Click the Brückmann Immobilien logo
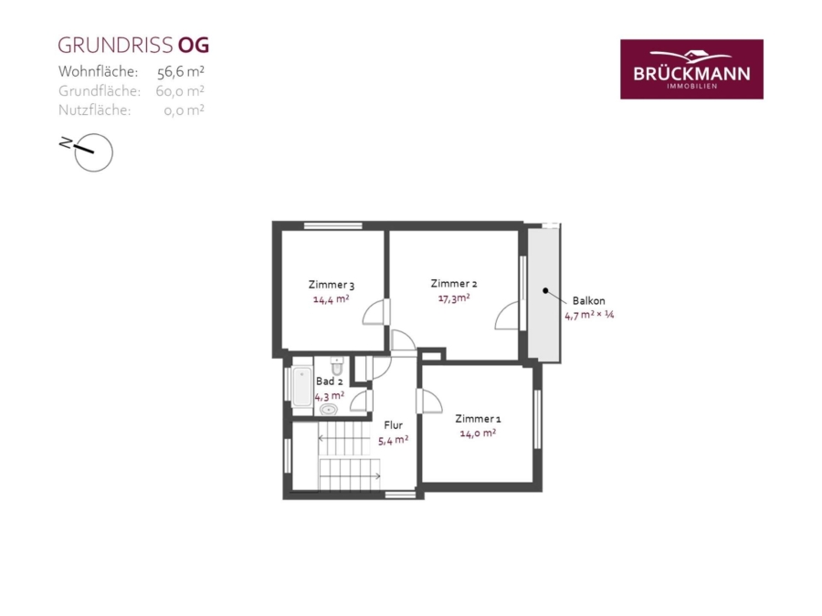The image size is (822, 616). point(691,69)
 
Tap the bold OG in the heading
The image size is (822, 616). point(194,46)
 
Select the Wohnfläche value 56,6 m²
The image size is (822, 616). point(180,72)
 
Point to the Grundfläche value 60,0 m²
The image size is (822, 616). point(180,91)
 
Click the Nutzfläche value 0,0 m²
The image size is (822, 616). point(184,110)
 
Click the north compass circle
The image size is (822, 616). point(94,153)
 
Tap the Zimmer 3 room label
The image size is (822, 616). point(332,285)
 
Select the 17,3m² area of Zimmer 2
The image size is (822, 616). point(454,298)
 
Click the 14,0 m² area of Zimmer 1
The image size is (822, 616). point(478,433)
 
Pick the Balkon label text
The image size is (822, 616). point(589,300)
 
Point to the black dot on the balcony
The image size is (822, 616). point(545,291)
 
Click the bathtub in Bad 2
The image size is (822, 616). point(302,387)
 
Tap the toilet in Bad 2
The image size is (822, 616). point(337,366)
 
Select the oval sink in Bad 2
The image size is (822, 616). point(329,410)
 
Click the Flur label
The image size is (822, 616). point(393,424)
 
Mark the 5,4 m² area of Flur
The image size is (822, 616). point(393,440)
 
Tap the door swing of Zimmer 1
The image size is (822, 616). point(429,402)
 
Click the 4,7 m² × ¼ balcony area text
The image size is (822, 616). point(589,316)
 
